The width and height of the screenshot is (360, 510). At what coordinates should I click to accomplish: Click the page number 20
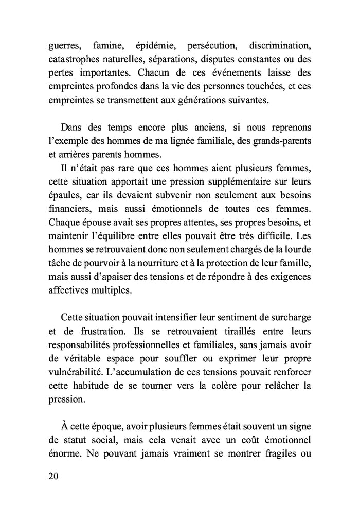(x=53, y=476)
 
